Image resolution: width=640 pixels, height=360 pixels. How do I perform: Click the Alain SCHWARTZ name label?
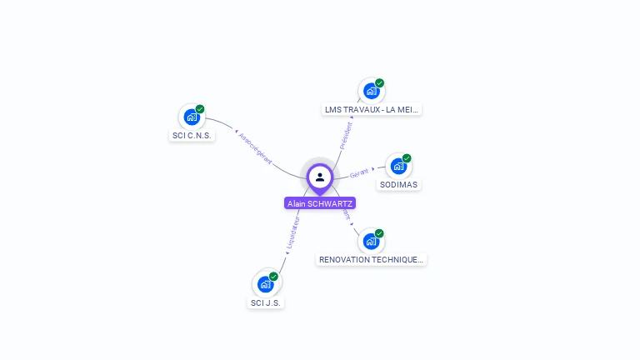tap(320, 203)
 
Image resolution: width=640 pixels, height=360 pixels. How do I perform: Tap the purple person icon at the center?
tap(320, 177)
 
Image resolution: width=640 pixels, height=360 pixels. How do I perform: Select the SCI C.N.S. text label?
tap(192, 136)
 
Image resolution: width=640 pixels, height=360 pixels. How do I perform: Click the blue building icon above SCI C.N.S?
tap(192, 117)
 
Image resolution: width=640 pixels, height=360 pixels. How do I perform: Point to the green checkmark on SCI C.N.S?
tap(200, 109)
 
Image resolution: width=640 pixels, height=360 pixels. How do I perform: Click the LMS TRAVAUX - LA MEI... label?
tap(372, 109)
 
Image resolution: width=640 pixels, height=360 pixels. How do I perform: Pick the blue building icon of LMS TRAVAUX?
tap(371, 91)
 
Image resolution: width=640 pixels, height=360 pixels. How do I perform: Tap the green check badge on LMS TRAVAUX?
tap(380, 83)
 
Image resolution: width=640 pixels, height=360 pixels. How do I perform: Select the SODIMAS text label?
tap(398, 184)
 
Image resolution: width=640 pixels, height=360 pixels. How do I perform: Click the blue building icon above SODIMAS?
tap(398, 166)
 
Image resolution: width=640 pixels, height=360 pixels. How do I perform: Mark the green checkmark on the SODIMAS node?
tap(407, 158)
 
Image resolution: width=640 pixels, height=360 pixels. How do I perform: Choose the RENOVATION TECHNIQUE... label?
tap(372, 259)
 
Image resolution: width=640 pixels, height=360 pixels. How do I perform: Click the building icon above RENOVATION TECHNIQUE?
tap(371, 241)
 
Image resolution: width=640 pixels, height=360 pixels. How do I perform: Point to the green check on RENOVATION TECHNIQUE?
tap(379, 233)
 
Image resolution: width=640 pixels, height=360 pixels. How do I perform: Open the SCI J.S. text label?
tap(266, 302)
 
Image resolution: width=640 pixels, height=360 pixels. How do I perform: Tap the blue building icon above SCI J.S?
tap(265, 284)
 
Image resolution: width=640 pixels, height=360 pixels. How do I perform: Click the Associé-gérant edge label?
tap(254, 147)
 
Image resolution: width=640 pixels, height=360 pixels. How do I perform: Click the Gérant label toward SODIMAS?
tap(359, 172)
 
